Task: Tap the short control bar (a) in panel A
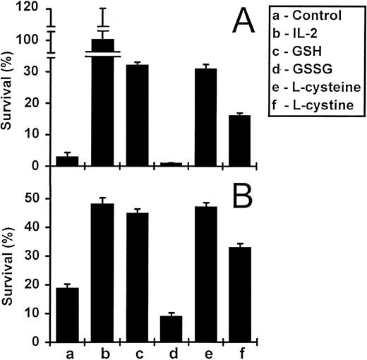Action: (66, 161)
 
